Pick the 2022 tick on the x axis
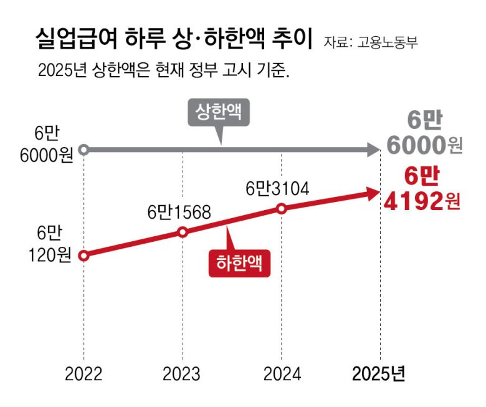(84, 373)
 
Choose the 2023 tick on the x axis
(182, 373)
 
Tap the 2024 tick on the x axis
(282, 373)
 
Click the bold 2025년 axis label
(379, 373)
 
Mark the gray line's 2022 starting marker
(85, 150)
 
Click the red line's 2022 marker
(85, 255)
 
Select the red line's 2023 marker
(183, 232)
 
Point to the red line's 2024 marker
(282, 208)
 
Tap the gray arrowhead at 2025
(373, 150)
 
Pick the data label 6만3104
(278, 188)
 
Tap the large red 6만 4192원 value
(424, 189)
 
